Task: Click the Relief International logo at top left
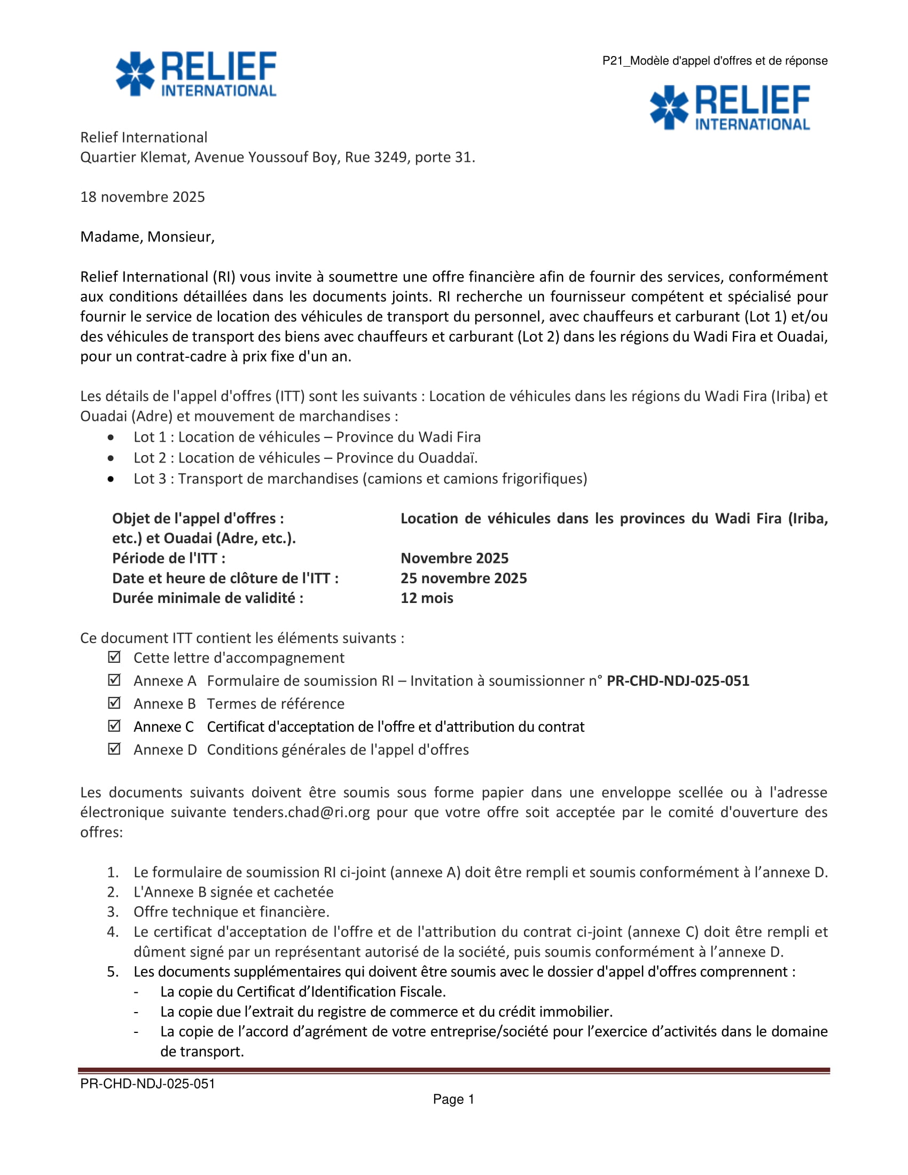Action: (x=196, y=74)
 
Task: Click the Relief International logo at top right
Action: (x=730, y=107)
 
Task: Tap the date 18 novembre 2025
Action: (x=143, y=197)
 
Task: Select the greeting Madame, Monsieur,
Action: (x=147, y=237)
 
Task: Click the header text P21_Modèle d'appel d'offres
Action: (x=714, y=61)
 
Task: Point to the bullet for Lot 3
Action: (x=111, y=479)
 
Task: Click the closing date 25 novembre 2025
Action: (x=463, y=578)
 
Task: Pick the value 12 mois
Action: (x=427, y=598)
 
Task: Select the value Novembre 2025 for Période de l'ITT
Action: (x=454, y=558)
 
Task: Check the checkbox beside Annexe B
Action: (x=114, y=703)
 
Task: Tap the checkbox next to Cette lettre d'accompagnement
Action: (x=114, y=657)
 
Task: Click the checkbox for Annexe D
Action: (x=114, y=749)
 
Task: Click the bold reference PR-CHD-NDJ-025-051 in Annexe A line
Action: (x=678, y=680)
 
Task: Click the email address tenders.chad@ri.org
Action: (x=301, y=812)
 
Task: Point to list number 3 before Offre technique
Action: (x=112, y=911)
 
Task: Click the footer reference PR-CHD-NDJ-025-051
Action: (x=147, y=1084)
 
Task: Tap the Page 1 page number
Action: (x=453, y=1099)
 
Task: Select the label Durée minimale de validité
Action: (x=208, y=598)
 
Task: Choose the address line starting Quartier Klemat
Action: (x=278, y=157)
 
